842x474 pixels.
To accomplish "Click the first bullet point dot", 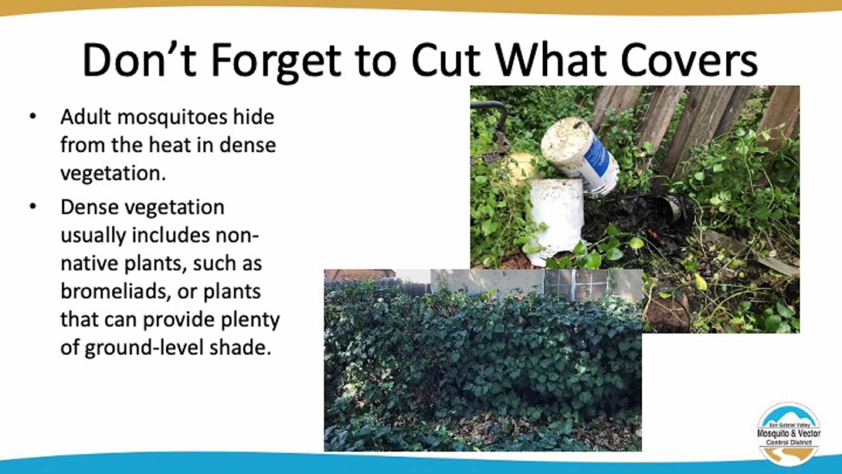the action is click(33, 117).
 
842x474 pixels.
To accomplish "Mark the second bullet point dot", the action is click(33, 207).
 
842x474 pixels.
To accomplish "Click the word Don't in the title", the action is click(139, 60).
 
